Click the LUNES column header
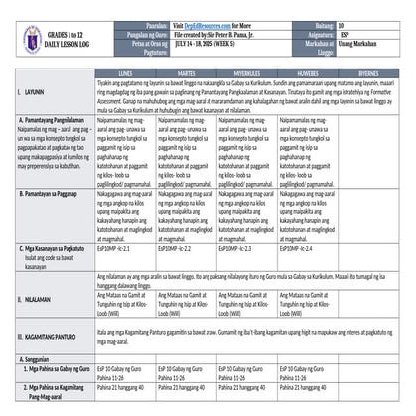(x=128, y=72)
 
